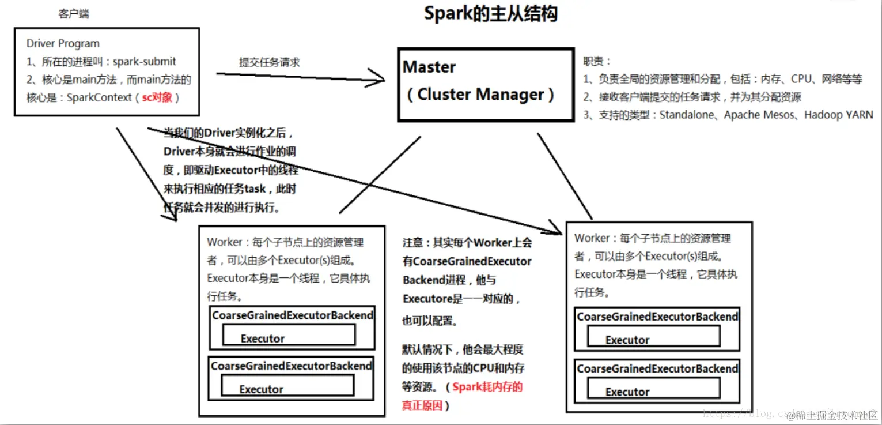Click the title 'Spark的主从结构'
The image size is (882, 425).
point(490,13)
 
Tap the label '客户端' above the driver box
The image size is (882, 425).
point(74,13)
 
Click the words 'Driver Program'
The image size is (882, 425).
point(63,44)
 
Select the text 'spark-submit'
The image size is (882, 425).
point(145,62)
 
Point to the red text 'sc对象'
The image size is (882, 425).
point(157,97)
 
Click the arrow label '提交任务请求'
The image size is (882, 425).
point(270,62)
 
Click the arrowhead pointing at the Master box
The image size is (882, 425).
point(377,79)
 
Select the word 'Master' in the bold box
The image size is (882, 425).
point(429,67)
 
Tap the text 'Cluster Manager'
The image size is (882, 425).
point(480,95)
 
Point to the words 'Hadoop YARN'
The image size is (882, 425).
point(839,115)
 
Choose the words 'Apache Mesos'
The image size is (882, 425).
point(759,115)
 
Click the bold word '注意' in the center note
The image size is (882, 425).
point(413,243)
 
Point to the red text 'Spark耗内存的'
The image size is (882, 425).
point(487,387)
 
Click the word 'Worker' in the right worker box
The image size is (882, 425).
point(592,238)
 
